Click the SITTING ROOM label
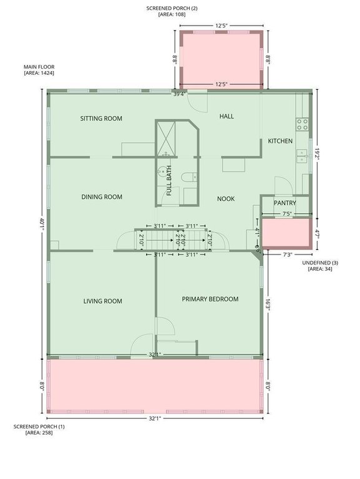tap(101, 119)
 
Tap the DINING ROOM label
tap(102, 197)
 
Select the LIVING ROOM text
tap(103, 301)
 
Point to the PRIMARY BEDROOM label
tap(210, 299)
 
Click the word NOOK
tap(226, 199)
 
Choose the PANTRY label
tap(285, 203)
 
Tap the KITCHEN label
tap(280, 141)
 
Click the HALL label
tap(226, 116)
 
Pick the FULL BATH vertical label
tap(169, 180)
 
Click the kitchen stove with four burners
tap(302, 124)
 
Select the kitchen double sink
tap(302, 156)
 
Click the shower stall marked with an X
tap(166, 139)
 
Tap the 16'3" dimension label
tap(268, 304)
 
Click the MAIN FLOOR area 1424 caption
tap(39, 70)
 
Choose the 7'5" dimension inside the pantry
tap(286, 214)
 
